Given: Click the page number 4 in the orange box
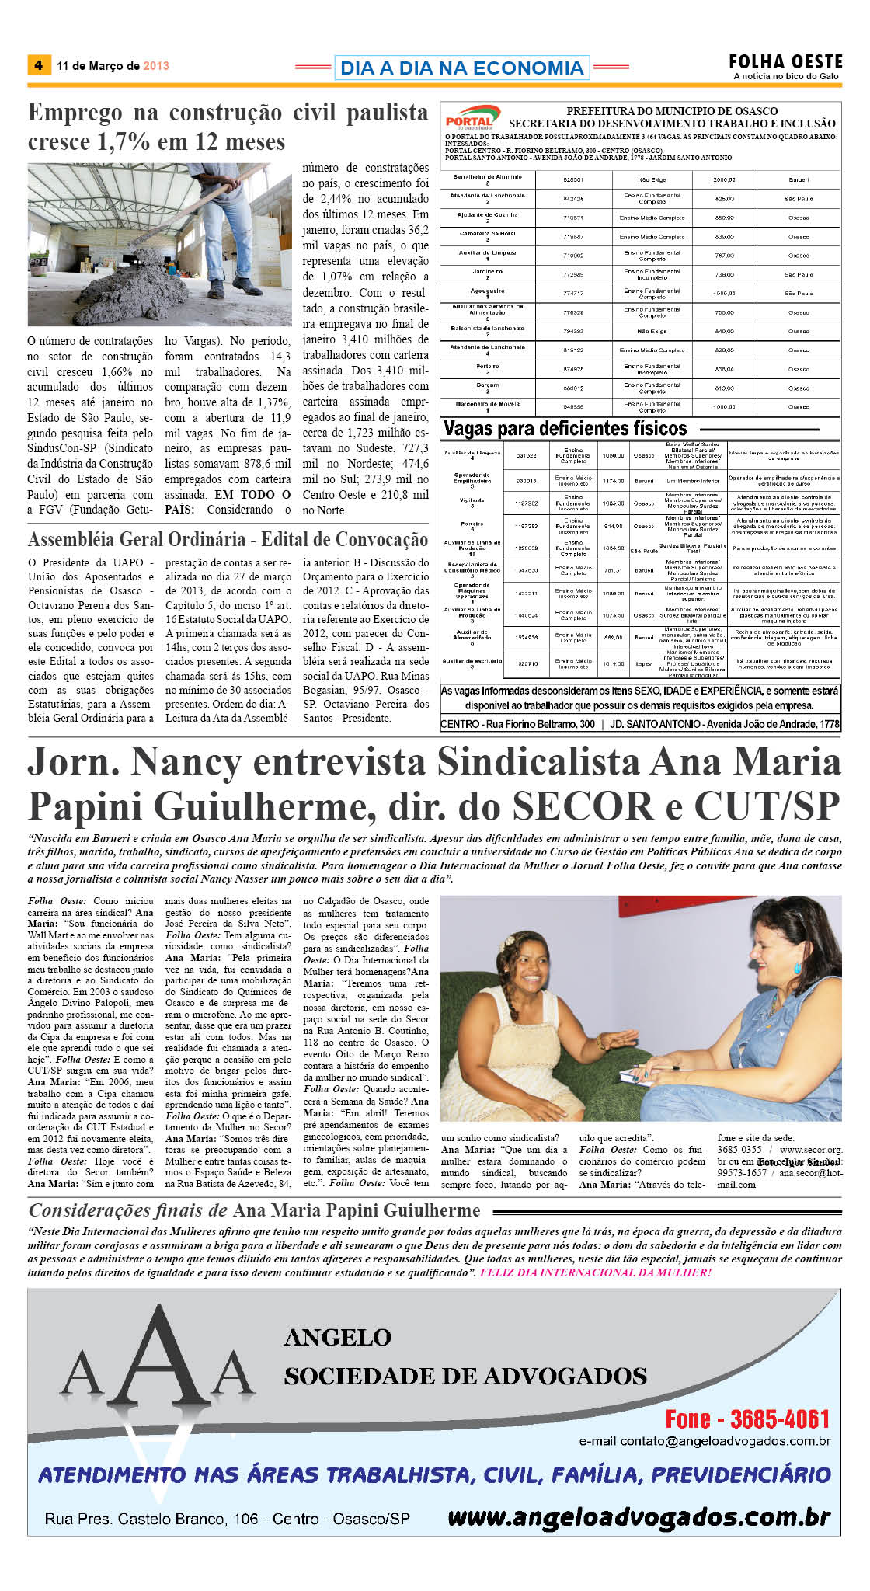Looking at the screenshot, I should point(38,65).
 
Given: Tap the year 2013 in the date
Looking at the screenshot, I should point(156,66).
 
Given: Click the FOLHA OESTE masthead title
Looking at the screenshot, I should point(785,61).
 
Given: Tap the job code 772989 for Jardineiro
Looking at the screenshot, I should point(573,275).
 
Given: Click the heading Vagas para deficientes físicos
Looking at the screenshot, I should point(565,429).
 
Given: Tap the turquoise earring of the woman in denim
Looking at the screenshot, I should point(798,969).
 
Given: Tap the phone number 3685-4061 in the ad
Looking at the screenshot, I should point(779,1419).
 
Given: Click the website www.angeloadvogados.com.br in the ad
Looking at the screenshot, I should point(639,1516).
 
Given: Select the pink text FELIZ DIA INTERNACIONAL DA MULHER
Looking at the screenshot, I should point(595,1272).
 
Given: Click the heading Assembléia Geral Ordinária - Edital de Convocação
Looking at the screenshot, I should point(228,539).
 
